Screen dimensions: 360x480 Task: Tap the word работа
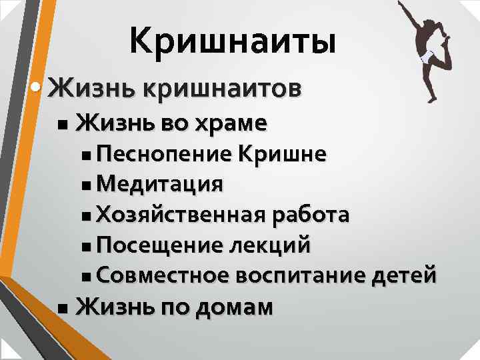tap(307, 215)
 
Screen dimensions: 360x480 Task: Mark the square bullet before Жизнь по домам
tap(62, 309)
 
